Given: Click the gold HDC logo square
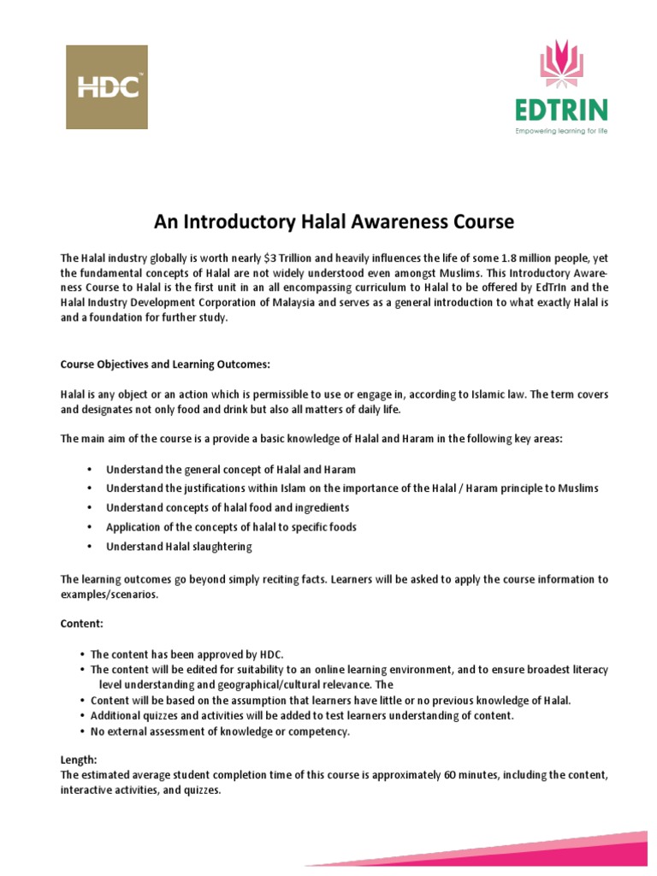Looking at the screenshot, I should [107, 87].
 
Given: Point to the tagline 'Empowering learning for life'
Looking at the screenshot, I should [561, 131].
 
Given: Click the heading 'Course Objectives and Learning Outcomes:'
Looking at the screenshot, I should [164, 364].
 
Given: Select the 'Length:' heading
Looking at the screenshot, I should [80, 760].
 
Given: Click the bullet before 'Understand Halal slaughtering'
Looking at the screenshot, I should [90, 547].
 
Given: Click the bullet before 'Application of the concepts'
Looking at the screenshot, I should [90, 527].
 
